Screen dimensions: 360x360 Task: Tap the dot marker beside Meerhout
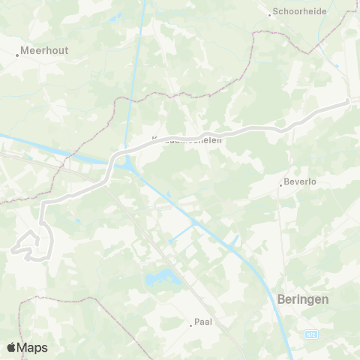point(18,55)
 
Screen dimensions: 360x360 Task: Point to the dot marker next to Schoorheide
point(271,13)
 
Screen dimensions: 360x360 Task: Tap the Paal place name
point(203,323)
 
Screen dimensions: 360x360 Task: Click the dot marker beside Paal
point(190,324)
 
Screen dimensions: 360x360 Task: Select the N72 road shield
point(312,334)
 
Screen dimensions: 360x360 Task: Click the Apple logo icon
point(11,347)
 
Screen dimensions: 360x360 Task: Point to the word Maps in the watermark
point(32,347)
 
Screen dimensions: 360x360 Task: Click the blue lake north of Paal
point(158,279)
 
